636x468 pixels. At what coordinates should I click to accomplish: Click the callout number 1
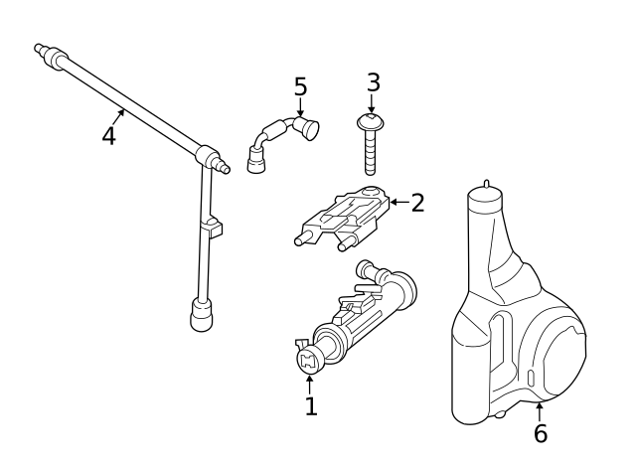[x=311, y=406]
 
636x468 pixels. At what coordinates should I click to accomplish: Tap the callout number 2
[x=417, y=203]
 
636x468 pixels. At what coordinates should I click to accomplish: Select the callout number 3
[x=373, y=82]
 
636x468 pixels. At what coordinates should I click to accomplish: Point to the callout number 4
[x=109, y=135]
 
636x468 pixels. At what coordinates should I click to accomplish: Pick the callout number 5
[x=300, y=87]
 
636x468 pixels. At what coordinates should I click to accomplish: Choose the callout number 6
[x=540, y=434]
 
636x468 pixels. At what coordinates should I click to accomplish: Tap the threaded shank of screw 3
[x=372, y=153]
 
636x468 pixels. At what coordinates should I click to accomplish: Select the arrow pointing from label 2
[x=397, y=203]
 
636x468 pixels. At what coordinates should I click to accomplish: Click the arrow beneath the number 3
[x=372, y=104]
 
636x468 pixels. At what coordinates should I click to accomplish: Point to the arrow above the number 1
[x=310, y=384]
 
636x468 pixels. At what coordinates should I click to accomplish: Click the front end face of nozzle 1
[x=306, y=359]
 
